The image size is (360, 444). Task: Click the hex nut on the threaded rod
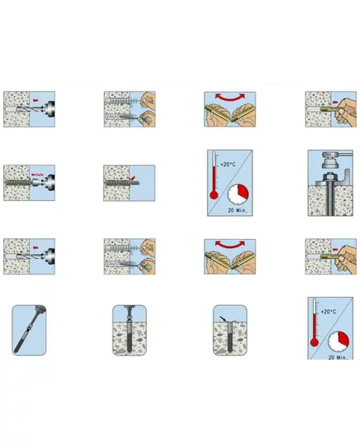pyautogui.click(x=329, y=177)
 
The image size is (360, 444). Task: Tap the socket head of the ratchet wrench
pyautogui.click(x=330, y=162)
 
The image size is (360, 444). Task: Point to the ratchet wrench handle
pyautogui.click(x=345, y=154)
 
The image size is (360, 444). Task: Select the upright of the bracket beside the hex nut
pyautogui.click(x=346, y=177)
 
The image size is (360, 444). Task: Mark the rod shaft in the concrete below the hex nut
pyautogui.click(x=329, y=200)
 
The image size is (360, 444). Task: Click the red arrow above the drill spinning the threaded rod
pyautogui.click(x=37, y=174)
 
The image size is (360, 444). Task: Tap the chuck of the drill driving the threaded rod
pyautogui.click(x=48, y=183)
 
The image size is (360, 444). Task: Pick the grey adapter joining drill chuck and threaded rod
pyautogui.click(x=35, y=183)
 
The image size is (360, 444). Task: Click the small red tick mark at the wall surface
pyautogui.click(x=133, y=178)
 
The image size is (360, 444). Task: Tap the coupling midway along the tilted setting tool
pyautogui.click(x=28, y=329)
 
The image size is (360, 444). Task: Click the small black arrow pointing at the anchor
pyautogui.click(x=223, y=318)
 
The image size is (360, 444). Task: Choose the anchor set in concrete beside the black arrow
pyautogui.click(x=229, y=337)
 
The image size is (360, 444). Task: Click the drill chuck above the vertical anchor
pyautogui.click(x=130, y=309)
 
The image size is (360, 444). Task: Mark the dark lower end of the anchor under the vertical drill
pyautogui.click(x=129, y=341)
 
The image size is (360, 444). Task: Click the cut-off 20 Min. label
pyautogui.click(x=338, y=357)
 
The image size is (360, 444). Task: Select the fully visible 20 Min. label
pyautogui.click(x=238, y=210)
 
